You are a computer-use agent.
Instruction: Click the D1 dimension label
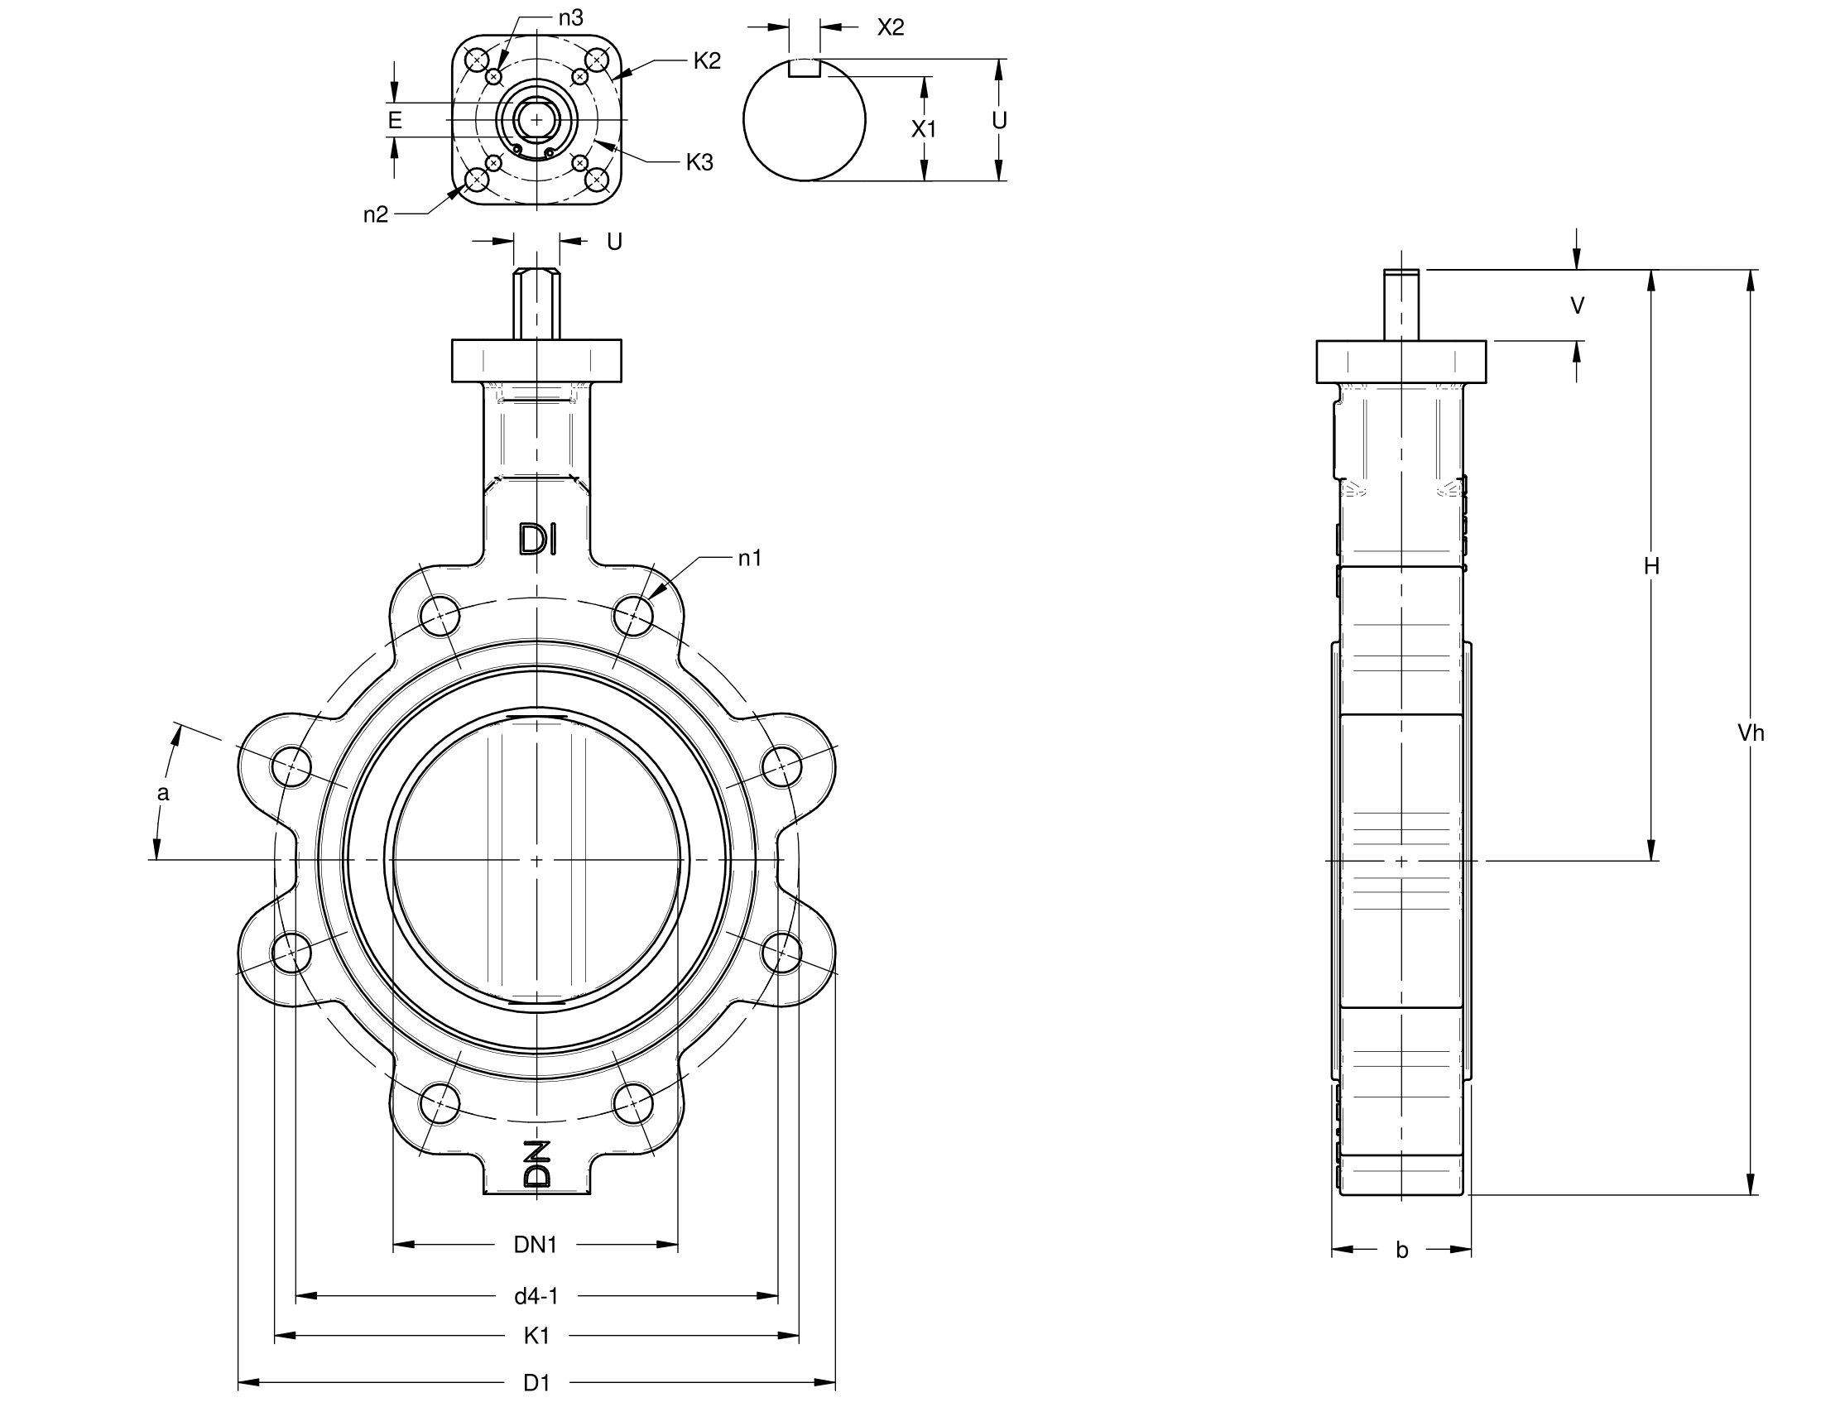[536, 1383]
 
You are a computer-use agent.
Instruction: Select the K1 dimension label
[536, 1335]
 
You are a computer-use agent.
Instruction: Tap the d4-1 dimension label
[536, 1295]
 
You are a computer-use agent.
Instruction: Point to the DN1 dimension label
[536, 1245]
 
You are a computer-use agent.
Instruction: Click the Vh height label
[1750, 732]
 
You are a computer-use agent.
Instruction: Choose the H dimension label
[1651, 567]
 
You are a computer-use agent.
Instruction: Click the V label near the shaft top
[1577, 306]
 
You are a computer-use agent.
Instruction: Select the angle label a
[163, 793]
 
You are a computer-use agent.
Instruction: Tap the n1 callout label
[750, 559]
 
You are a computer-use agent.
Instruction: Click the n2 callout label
[375, 214]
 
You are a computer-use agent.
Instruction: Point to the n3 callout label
[570, 17]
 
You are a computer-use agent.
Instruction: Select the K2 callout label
[706, 61]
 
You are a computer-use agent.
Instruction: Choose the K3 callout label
[699, 162]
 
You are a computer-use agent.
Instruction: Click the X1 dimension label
[923, 128]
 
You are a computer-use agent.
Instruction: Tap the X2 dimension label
[891, 27]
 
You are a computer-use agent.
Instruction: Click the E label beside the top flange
[394, 120]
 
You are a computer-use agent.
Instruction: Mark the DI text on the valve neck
[537, 540]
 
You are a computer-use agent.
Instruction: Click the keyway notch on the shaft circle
[805, 69]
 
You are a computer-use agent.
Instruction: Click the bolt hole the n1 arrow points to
[633, 617]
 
